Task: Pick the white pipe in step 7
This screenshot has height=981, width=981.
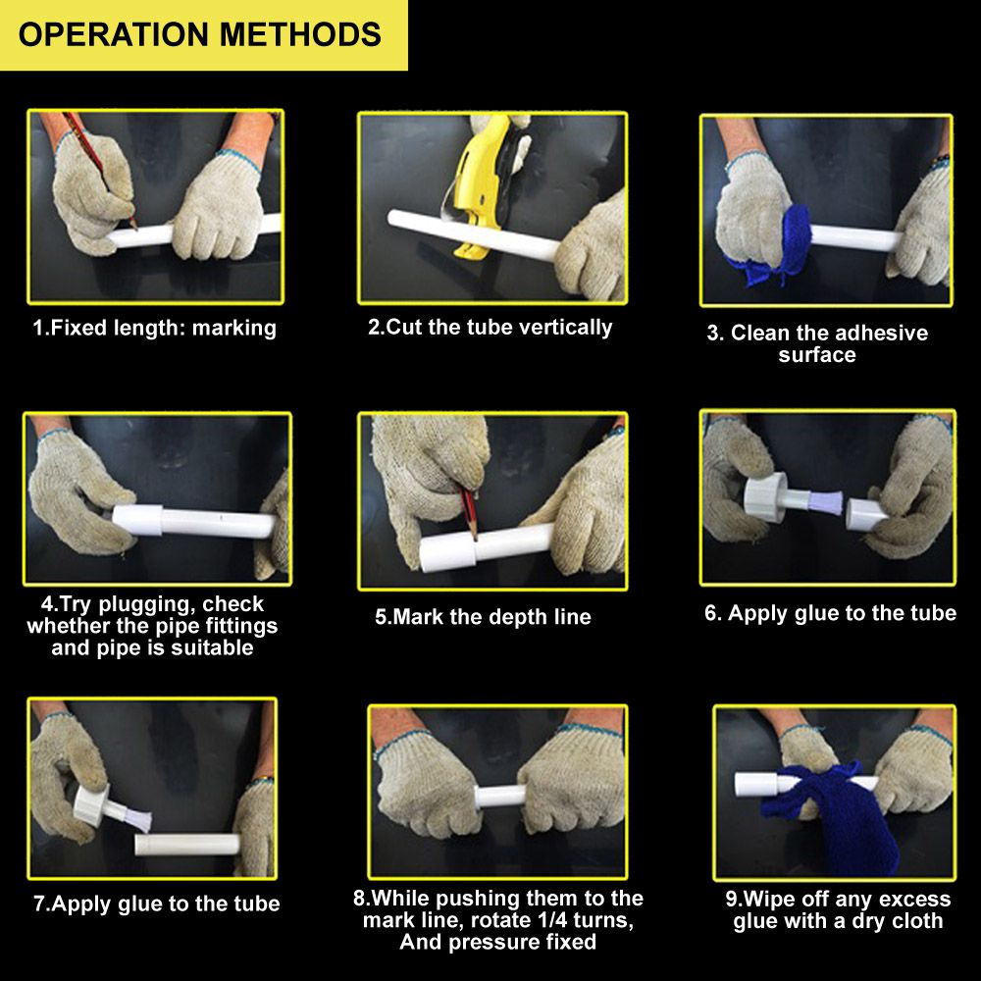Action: (187, 844)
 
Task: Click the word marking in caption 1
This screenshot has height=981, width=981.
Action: (234, 329)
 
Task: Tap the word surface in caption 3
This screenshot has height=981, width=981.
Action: (817, 355)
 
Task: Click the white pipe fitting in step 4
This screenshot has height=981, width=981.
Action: (137, 521)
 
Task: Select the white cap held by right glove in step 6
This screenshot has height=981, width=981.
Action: (866, 514)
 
